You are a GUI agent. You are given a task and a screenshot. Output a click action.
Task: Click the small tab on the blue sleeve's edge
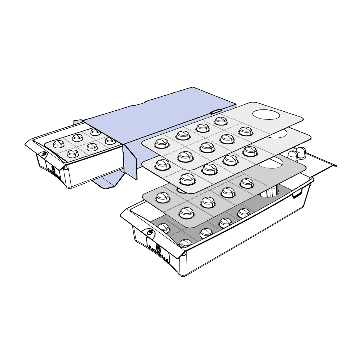(215, 112)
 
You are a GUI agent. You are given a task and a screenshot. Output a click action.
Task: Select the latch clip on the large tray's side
(297, 194)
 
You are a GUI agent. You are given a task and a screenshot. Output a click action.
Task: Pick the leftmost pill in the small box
(57, 144)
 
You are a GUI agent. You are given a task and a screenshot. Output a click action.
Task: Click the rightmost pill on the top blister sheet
(245, 131)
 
